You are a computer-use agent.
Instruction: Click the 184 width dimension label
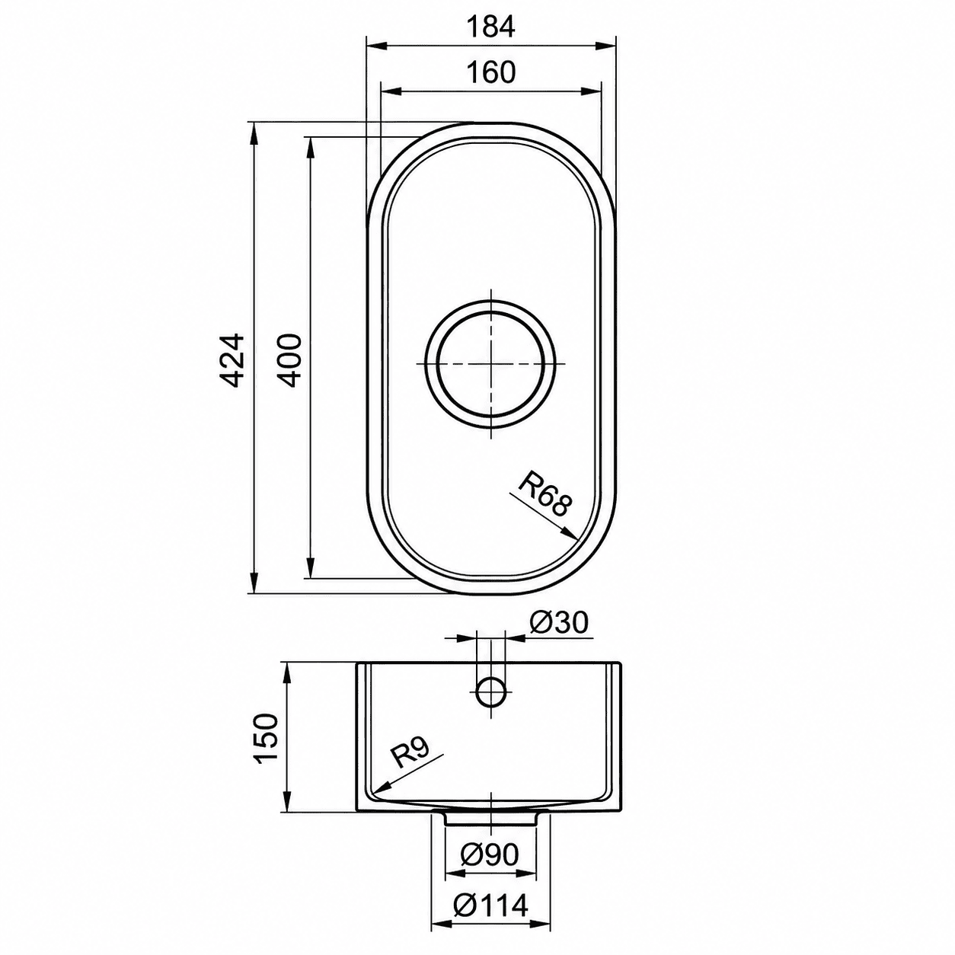(x=491, y=27)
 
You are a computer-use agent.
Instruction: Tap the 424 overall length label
(x=232, y=359)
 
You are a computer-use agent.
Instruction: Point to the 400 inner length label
(x=289, y=359)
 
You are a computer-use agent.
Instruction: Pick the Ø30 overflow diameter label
(x=558, y=623)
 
